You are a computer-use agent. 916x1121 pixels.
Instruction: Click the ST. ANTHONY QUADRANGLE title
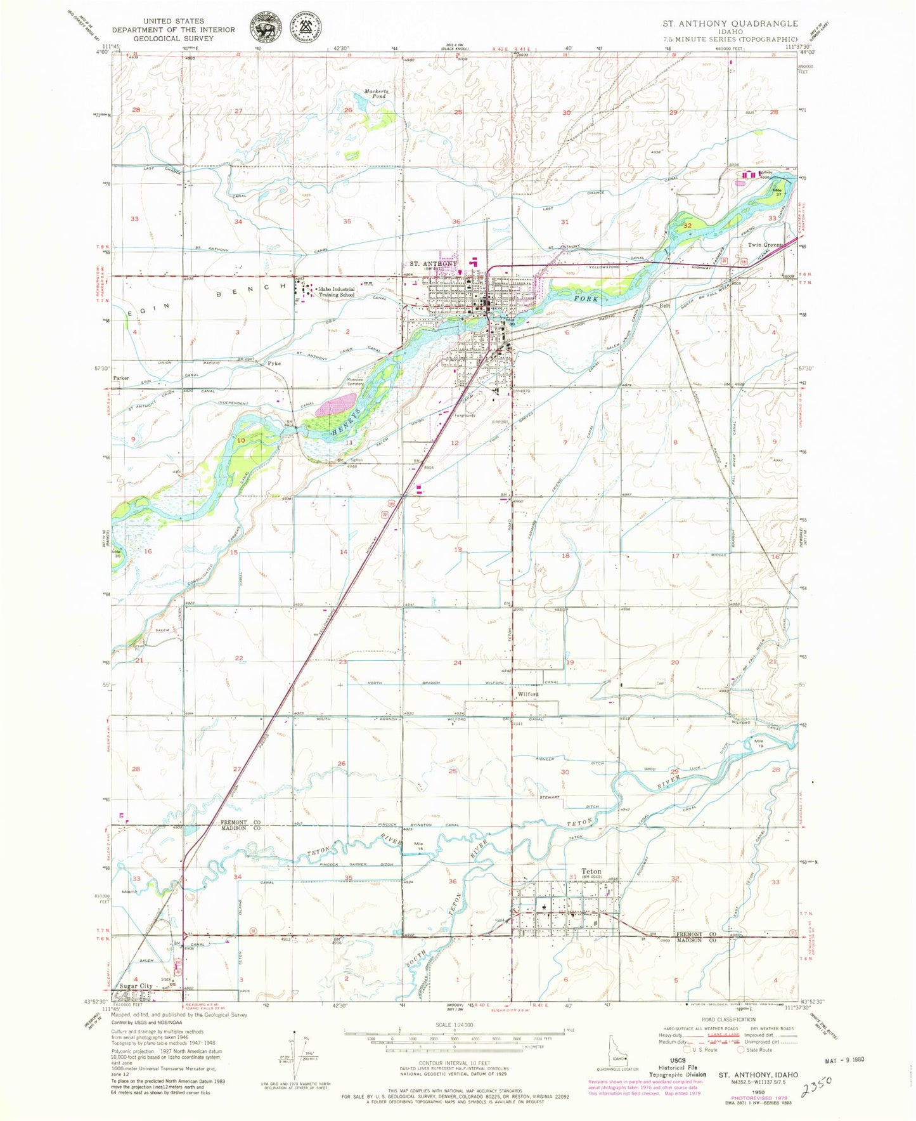(730, 23)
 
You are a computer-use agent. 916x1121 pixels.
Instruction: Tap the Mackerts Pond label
(376, 93)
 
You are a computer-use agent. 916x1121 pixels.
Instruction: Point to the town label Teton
(591, 872)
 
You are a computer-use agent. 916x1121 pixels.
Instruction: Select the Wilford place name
(528, 695)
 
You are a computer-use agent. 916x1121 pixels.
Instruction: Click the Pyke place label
(274, 364)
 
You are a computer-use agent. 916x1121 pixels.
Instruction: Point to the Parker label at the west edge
(121, 378)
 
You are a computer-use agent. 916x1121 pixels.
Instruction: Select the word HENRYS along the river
(346, 423)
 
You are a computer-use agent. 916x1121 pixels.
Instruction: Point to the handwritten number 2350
(817, 1087)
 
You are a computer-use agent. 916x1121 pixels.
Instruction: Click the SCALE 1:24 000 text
(446, 1025)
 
